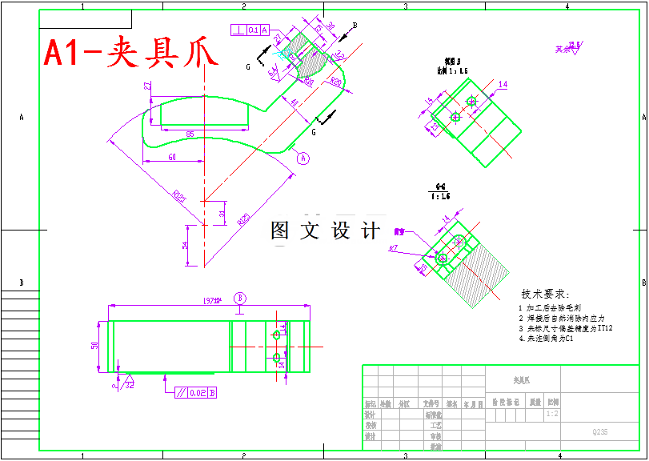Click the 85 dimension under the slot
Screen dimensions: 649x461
click(190, 133)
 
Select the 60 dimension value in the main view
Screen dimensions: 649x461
click(172, 158)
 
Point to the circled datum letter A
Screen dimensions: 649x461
click(303, 158)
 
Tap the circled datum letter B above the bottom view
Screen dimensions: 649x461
click(239, 298)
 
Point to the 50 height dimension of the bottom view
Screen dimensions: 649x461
click(94, 346)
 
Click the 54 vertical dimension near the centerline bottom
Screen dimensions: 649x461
click(185, 244)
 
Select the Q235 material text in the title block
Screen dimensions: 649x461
click(599, 432)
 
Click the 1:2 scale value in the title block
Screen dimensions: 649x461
click(551, 415)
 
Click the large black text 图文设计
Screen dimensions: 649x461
click(326, 230)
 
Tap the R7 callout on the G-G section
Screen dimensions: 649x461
click(394, 250)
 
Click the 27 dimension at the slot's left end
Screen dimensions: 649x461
click(147, 86)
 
